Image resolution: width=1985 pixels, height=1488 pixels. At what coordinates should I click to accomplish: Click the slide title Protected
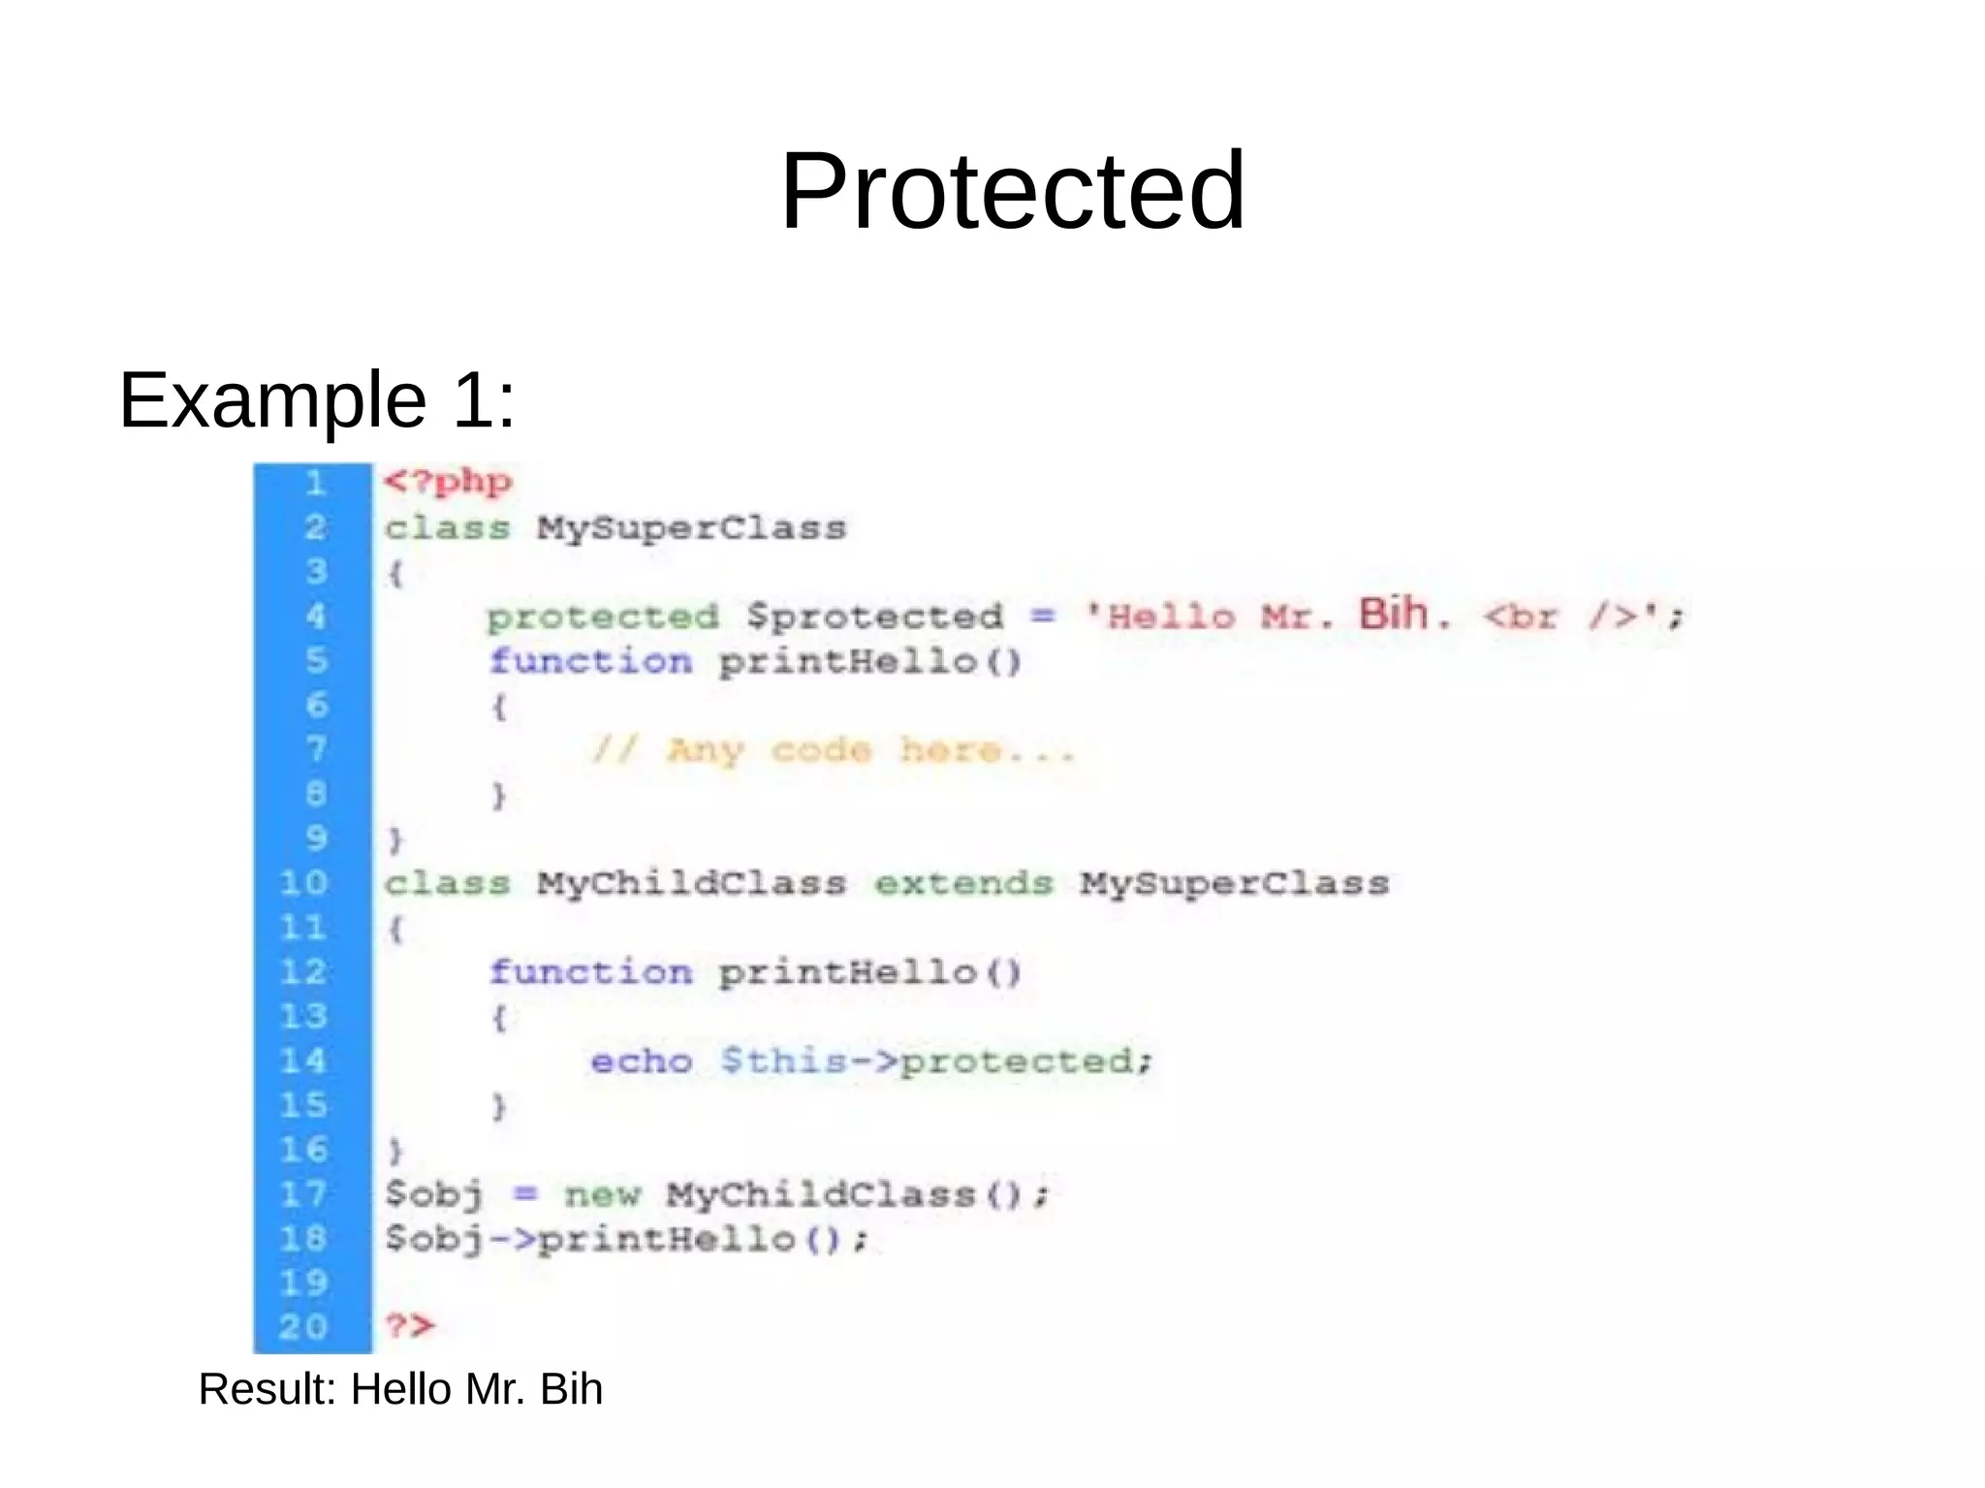pos(1012,190)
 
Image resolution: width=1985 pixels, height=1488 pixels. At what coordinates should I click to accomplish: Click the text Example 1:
pos(317,399)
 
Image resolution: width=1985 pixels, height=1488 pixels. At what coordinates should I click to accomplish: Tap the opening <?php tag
pos(448,482)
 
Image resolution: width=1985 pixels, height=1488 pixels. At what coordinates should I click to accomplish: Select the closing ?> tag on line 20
pos(410,1325)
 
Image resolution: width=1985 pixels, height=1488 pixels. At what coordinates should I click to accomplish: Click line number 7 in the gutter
pos(316,749)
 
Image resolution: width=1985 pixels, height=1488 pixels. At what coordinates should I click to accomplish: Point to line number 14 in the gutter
pos(303,1061)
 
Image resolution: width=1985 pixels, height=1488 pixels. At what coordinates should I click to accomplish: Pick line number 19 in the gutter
pos(303,1282)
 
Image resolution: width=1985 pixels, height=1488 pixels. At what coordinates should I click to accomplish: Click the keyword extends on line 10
pos(963,883)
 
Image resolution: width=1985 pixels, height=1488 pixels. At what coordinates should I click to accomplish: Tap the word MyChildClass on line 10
pos(692,883)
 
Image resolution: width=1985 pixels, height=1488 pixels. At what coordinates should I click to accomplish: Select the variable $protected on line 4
pos(875,617)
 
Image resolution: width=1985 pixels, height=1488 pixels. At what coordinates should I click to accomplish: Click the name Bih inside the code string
pos(1393,614)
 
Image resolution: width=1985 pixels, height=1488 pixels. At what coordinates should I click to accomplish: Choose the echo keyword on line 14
pos(641,1061)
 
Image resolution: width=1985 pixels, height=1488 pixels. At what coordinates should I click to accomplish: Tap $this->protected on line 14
pos(936,1061)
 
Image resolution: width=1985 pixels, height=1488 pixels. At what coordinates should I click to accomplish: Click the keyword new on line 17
pos(602,1194)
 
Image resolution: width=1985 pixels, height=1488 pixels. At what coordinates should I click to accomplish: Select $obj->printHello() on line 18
pos(625,1240)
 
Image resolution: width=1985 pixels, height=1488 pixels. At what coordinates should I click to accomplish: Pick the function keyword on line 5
pos(590,662)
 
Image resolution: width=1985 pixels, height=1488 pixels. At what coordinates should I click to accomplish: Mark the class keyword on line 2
pos(447,528)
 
